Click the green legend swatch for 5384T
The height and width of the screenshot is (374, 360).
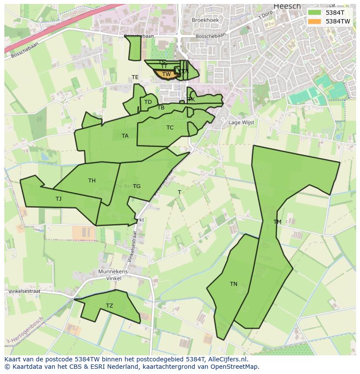(x=314, y=13)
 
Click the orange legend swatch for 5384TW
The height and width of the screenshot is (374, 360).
(x=314, y=21)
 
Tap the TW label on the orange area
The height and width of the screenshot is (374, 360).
(x=167, y=74)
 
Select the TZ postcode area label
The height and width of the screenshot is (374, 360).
(x=110, y=306)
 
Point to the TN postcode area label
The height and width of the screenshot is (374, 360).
(x=233, y=284)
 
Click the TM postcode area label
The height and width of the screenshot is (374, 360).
(x=277, y=222)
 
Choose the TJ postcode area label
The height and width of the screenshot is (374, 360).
(x=59, y=199)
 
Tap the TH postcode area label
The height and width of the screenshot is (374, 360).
(x=92, y=181)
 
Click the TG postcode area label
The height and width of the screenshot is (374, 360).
(x=137, y=186)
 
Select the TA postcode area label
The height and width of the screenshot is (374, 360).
(x=125, y=136)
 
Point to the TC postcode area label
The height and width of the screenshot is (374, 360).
(x=170, y=128)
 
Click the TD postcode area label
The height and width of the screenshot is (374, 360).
(x=148, y=102)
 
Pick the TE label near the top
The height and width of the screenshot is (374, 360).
(x=135, y=77)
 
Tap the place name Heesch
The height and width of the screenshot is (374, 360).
(x=287, y=6)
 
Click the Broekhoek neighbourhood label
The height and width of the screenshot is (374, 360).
(x=205, y=20)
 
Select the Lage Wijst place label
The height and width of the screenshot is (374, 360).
(x=241, y=123)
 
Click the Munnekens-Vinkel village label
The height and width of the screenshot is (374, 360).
(x=114, y=275)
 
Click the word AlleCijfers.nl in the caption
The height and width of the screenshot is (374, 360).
(x=226, y=359)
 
